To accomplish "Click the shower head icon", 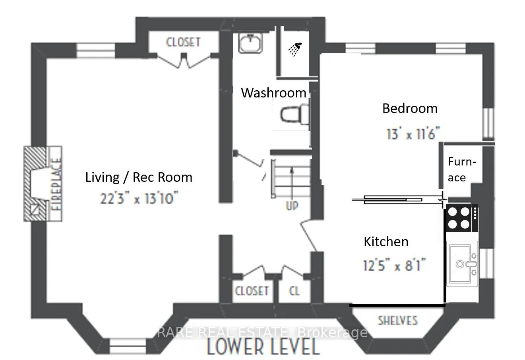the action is [x=295, y=49].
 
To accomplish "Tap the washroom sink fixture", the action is [x=250, y=43].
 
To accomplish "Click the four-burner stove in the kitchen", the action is [x=462, y=218].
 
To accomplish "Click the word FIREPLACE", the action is [x=56, y=184].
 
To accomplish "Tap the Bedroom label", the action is [x=410, y=108].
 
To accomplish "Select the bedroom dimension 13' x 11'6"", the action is [x=413, y=134].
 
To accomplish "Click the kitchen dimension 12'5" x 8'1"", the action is [x=394, y=265].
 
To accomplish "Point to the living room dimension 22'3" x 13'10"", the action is [x=139, y=198].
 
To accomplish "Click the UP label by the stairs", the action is [x=292, y=206].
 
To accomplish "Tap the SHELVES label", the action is [x=398, y=321].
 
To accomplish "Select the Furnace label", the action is [x=462, y=169].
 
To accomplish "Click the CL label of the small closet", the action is [x=294, y=291].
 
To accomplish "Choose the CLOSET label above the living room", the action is [x=183, y=42].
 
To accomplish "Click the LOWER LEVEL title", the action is [x=263, y=347].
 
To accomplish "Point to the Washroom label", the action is [x=273, y=93].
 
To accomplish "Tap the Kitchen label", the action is [x=386, y=241].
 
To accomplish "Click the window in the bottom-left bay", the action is [x=128, y=346].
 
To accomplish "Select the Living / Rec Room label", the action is [x=139, y=177].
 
